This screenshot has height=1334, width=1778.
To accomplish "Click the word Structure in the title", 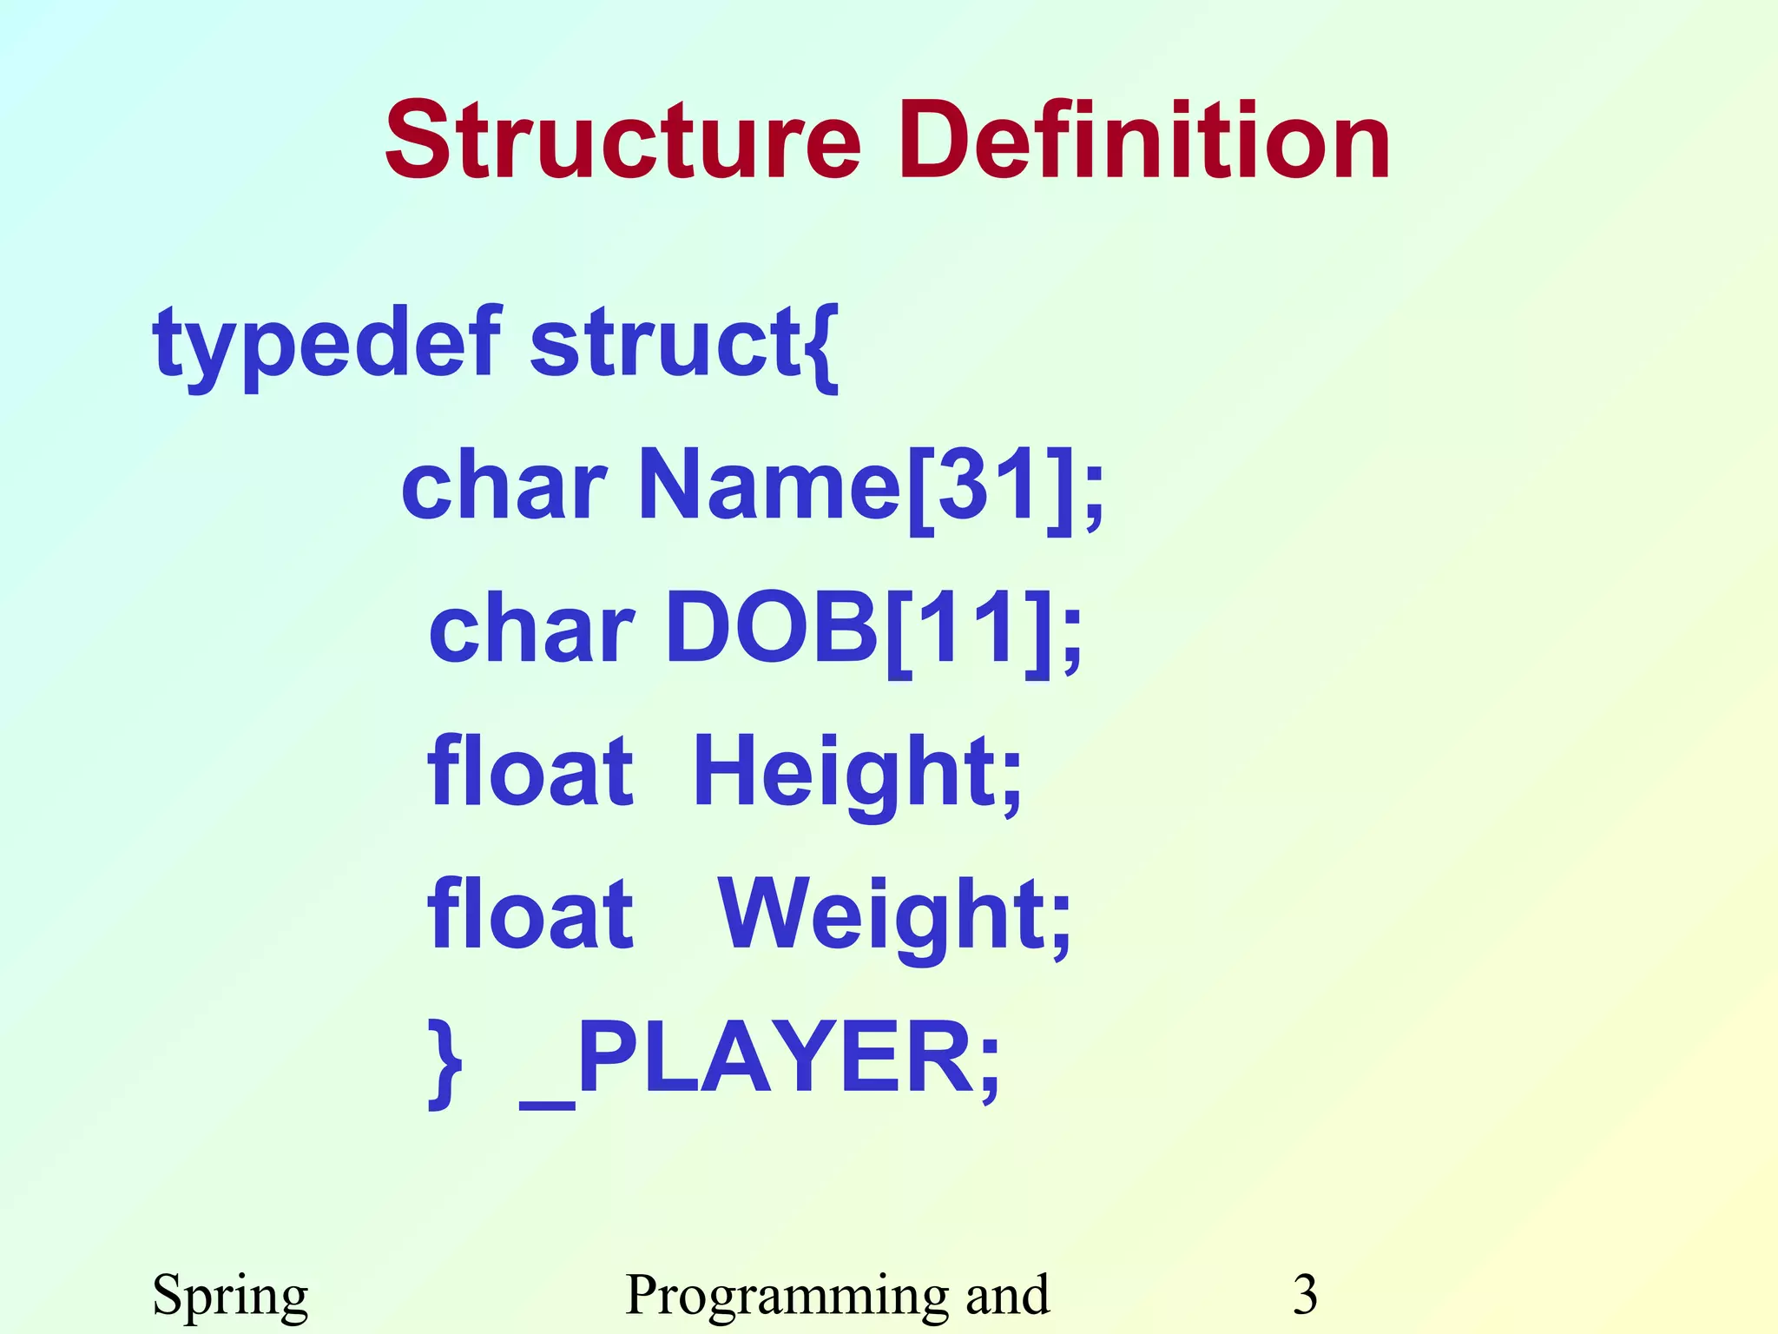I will pyautogui.click(x=622, y=141).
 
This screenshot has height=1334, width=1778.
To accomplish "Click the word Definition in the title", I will pyautogui.click(x=1144, y=141).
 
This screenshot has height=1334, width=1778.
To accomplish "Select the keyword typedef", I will pyautogui.click(x=326, y=344).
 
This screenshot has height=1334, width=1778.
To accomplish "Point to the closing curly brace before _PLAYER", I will pyautogui.click(x=445, y=1063).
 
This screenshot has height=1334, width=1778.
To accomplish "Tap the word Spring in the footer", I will pyautogui.click(x=230, y=1296).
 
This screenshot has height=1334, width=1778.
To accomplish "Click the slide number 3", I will pyautogui.click(x=1305, y=1294).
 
